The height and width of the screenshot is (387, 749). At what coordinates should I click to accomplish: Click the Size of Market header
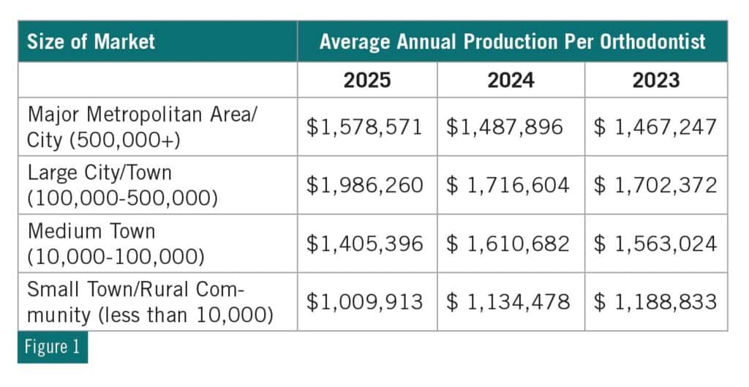click(x=91, y=41)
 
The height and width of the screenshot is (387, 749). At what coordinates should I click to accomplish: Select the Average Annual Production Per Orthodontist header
click(x=512, y=41)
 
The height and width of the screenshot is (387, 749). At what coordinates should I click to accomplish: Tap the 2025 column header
click(x=366, y=79)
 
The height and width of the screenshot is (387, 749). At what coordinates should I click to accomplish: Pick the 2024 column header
click(x=511, y=79)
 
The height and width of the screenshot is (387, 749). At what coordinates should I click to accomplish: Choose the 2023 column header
click(x=656, y=79)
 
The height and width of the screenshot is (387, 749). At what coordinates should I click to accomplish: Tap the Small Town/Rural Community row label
click(x=150, y=301)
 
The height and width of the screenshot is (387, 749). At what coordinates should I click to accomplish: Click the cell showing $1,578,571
click(x=365, y=127)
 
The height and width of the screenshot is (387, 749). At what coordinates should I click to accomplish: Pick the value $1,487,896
click(x=505, y=127)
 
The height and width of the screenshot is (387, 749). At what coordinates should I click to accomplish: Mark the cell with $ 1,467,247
click(x=655, y=127)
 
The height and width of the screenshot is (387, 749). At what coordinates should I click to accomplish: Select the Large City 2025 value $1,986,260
click(x=365, y=185)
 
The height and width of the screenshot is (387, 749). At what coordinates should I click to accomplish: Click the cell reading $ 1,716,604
click(x=508, y=185)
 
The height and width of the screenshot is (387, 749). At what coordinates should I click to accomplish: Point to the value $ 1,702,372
click(x=655, y=185)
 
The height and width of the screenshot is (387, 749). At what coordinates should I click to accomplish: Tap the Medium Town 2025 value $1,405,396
click(x=365, y=243)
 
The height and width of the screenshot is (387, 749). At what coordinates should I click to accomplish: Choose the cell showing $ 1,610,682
click(x=508, y=243)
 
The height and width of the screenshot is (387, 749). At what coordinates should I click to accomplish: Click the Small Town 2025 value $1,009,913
click(x=365, y=301)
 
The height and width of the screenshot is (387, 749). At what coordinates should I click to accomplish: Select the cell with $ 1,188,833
click(x=655, y=301)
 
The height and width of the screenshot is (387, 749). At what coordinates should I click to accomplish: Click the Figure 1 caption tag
click(x=52, y=347)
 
